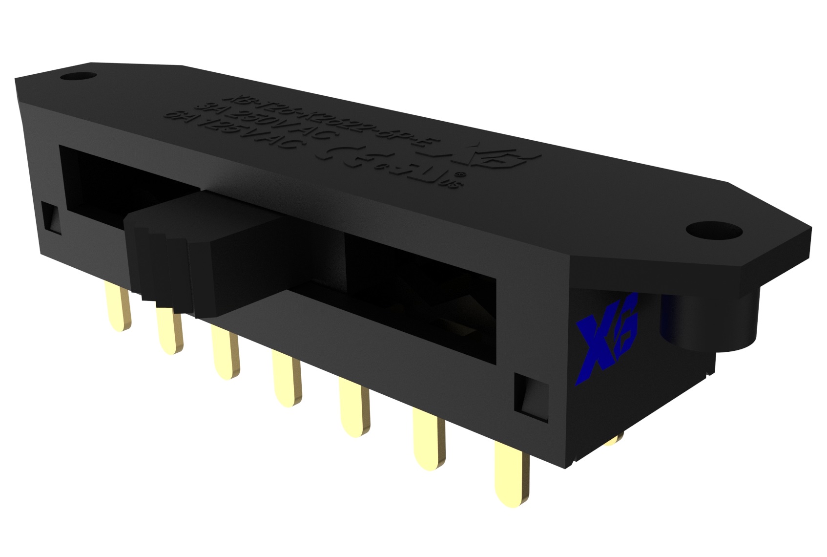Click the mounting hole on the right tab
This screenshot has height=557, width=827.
(x=702, y=229)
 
